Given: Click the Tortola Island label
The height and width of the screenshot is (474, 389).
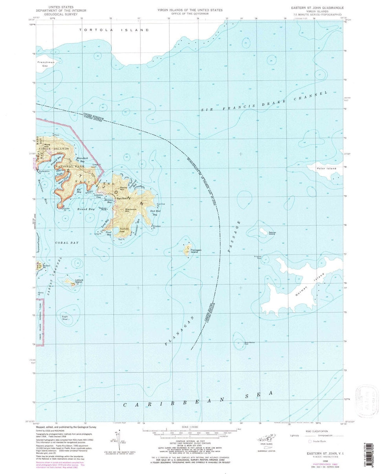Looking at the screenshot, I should coord(114,30).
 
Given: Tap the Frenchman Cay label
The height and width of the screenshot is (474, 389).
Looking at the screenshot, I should coord(45,64).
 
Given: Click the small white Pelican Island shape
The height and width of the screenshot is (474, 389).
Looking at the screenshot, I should coord(261,231).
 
